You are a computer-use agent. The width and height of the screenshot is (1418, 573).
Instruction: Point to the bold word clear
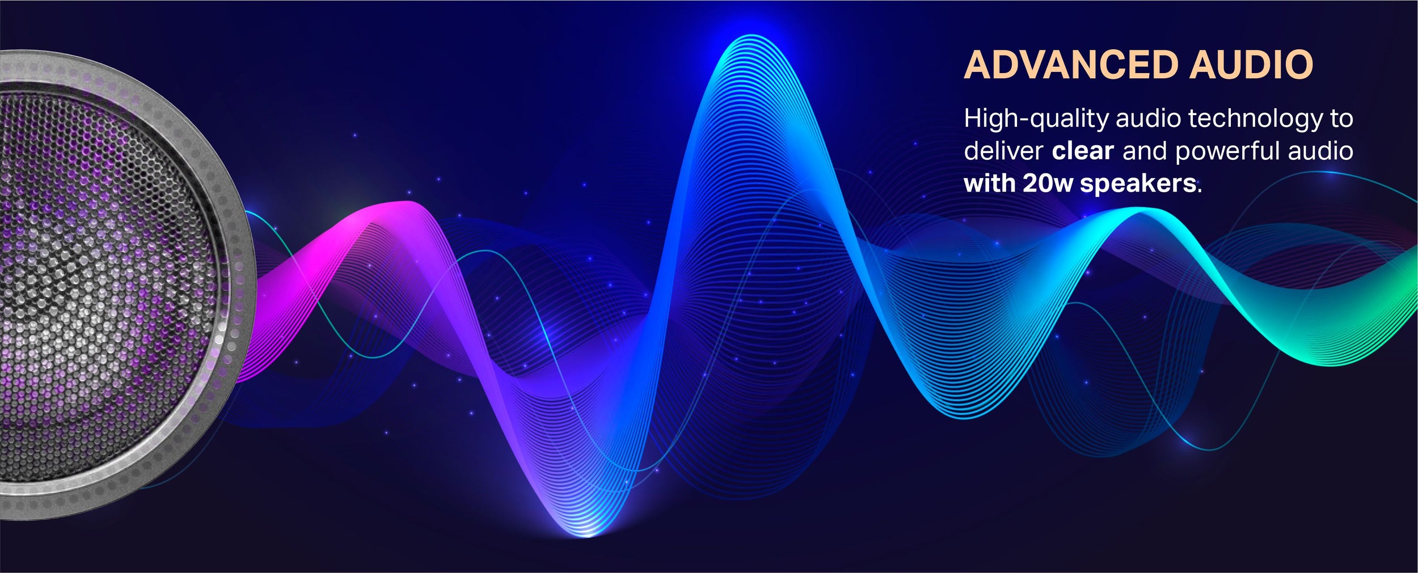click(1083, 151)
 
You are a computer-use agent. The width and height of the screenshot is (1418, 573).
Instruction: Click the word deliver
click(1003, 151)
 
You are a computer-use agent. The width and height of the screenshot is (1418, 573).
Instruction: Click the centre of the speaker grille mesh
click(85, 283)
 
